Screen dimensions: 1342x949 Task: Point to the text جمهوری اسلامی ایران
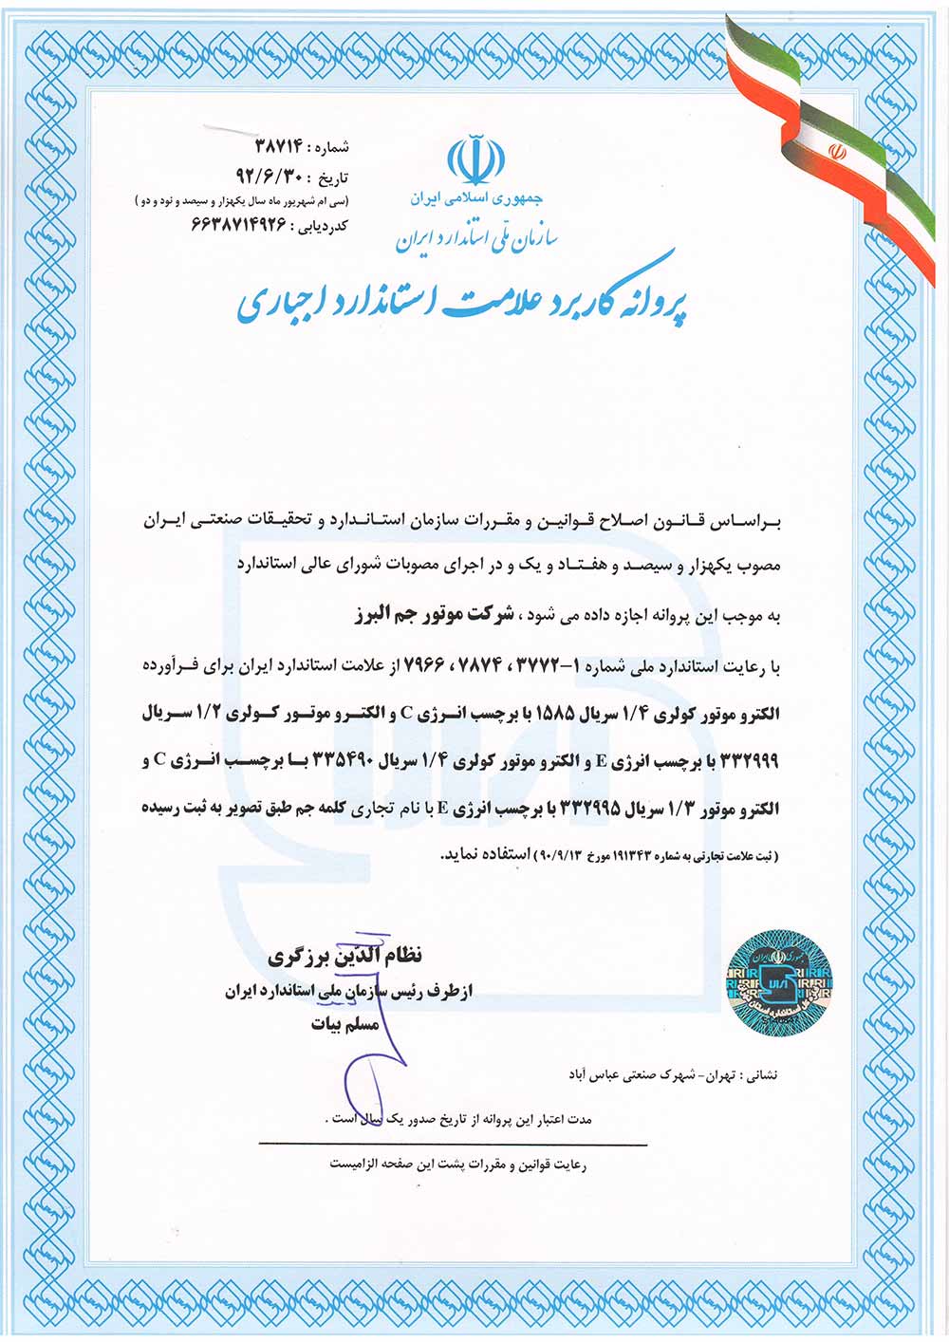476,199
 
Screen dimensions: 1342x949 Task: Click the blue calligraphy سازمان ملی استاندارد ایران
476,237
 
